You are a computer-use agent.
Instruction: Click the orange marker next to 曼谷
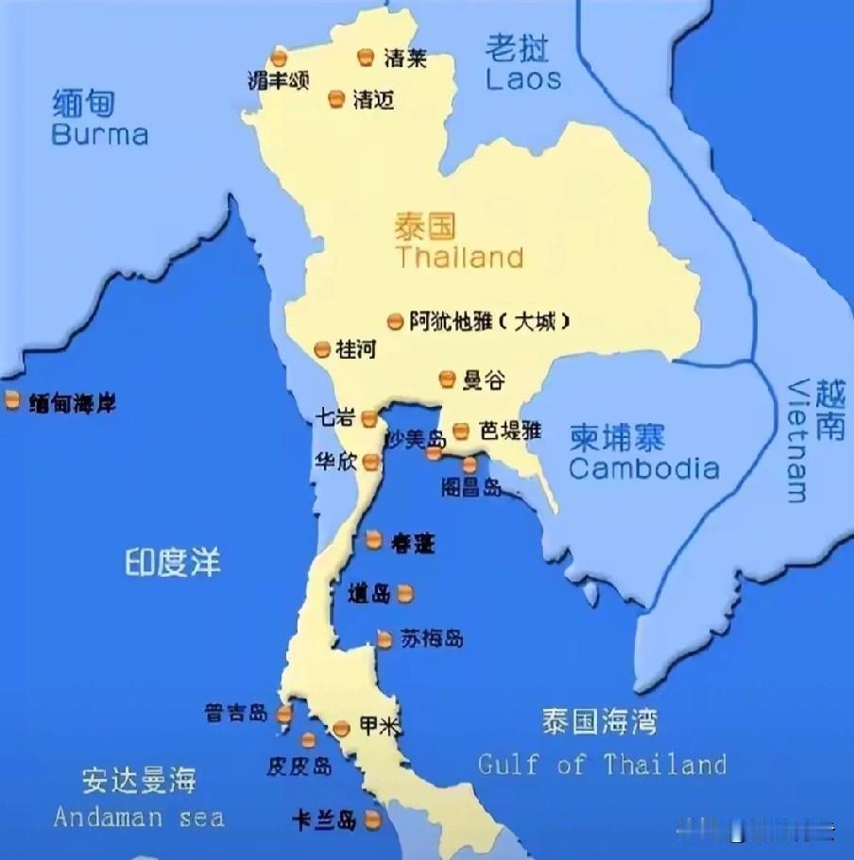coord(447,379)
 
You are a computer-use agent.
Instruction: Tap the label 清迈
coord(373,99)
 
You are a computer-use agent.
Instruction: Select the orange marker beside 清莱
coord(366,59)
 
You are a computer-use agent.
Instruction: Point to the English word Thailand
coord(460,257)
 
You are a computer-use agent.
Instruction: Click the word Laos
coord(523,78)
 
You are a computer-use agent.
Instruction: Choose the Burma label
coord(100,134)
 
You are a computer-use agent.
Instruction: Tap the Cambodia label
coord(643,468)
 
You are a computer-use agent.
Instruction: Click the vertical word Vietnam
coord(798,441)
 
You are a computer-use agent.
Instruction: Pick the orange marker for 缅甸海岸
coord(12,400)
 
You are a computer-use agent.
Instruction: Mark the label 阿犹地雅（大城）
coord(490,322)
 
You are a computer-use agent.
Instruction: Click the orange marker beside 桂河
coord(322,349)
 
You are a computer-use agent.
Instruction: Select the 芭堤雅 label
coord(510,430)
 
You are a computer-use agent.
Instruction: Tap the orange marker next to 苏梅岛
coord(384,639)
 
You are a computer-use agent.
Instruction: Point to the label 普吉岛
coord(236,713)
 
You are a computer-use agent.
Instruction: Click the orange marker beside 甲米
coord(342,728)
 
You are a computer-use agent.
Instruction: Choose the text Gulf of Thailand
coord(602,764)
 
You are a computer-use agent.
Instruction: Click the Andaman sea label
coord(139,817)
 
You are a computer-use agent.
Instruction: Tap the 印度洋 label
coord(173,564)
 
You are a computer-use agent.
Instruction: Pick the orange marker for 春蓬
coord(374,541)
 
